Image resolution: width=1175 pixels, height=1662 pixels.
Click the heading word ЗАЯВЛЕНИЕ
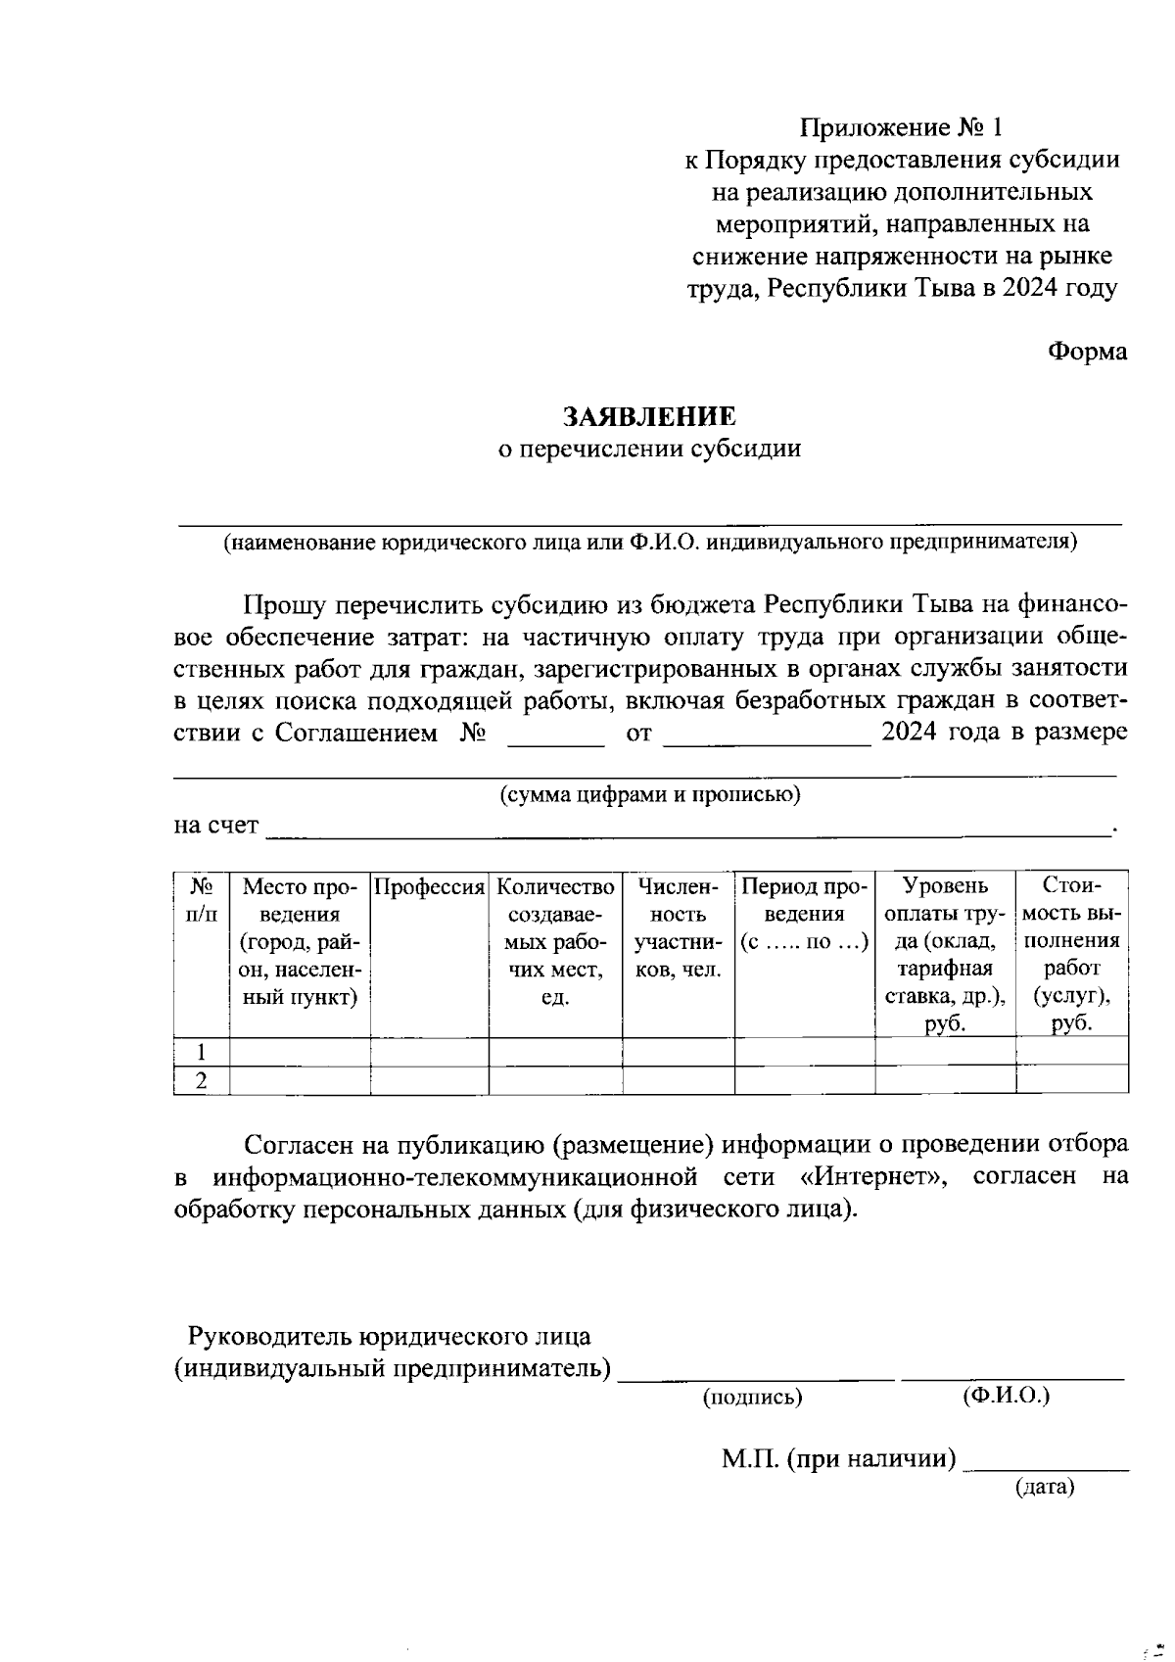point(648,416)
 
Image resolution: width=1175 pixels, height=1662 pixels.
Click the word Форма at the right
point(1087,352)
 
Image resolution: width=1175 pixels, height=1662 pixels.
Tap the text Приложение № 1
point(901,128)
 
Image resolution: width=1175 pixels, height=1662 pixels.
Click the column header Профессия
point(430,887)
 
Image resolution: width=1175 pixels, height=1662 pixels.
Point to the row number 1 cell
point(201,1052)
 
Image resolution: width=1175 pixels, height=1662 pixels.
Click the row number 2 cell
point(201,1081)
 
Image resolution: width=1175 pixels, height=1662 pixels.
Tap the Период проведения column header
point(804,915)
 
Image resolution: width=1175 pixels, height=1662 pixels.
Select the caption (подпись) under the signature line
point(752,1398)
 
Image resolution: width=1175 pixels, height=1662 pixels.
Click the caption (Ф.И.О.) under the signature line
point(1006,1395)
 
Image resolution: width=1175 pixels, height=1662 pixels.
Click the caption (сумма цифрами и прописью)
point(650,794)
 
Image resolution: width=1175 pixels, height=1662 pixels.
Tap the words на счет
point(216,826)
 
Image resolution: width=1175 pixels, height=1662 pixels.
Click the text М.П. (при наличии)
point(839,1459)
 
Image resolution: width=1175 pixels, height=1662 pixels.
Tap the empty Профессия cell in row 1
point(430,1052)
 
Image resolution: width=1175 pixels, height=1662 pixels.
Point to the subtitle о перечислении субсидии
point(650,449)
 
